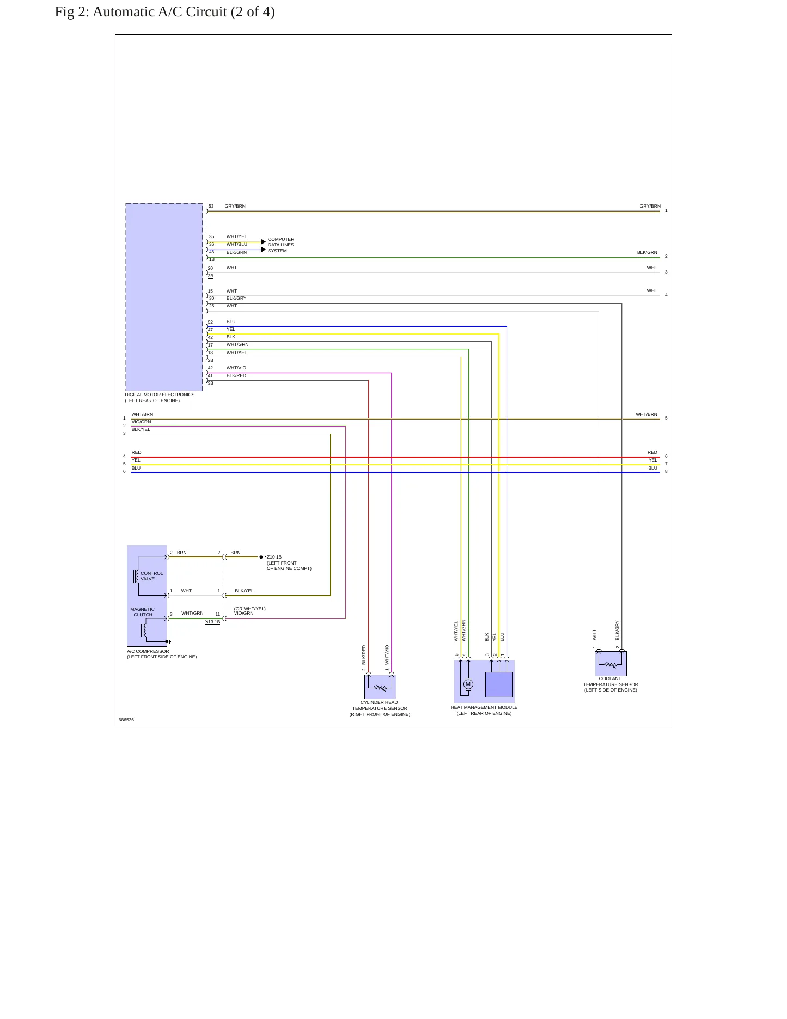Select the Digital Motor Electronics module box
tap(164, 297)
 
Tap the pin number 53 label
tap(211, 207)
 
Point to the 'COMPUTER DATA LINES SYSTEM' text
tap(281, 245)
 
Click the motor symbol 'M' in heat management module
tap(468, 684)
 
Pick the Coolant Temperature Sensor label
tap(611, 684)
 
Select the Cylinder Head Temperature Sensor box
tap(380, 687)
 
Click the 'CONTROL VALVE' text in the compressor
tap(151, 576)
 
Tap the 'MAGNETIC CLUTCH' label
tap(143, 612)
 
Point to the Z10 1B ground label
tap(274, 557)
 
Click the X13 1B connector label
tap(212, 622)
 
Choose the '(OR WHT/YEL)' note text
tap(250, 609)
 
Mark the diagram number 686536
tap(126, 720)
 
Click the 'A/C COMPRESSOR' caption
tap(148, 651)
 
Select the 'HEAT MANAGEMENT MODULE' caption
tap(484, 707)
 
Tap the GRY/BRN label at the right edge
tap(650, 207)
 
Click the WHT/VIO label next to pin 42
tap(236, 368)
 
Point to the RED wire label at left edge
tap(136, 452)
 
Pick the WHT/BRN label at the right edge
tap(646, 414)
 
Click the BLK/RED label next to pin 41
tap(236, 375)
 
